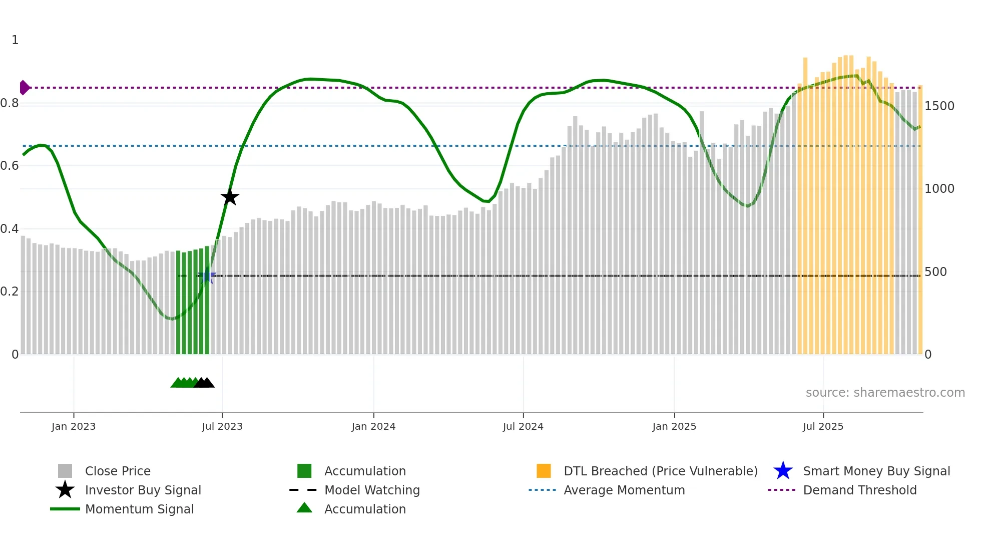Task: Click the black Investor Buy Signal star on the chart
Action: pos(230,197)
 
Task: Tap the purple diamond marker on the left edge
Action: pos(24,88)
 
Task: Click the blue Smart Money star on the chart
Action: pos(207,276)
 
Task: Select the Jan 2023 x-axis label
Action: pos(74,426)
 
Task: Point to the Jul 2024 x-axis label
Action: pos(523,426)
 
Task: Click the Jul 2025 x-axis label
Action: pos(823,426)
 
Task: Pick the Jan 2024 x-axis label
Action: pos(373,426)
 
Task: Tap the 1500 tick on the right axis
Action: pos(939,106)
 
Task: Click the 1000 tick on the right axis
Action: pos(939,189)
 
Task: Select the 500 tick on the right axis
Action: pos(935,272)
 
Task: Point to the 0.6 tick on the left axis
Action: pos(10,166)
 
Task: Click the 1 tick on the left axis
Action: pos(15,40)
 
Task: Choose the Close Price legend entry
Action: pos(118,471)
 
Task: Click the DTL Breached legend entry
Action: pos(660,471)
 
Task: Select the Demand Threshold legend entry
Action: pos(859,490)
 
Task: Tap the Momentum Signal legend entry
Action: pos(139,509)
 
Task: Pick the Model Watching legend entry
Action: pos(372,490)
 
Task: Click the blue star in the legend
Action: pos(783,471)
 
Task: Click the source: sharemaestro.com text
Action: pos(885,393)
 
